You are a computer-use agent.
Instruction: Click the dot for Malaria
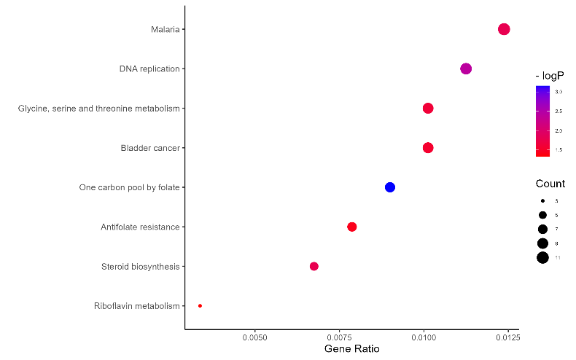(x=503, y=29)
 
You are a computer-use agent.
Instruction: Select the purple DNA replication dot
(x=466, y=69)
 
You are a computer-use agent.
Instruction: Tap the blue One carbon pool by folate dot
(x=390, y=187)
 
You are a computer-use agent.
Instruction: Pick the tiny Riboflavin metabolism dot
(x=200, y=306)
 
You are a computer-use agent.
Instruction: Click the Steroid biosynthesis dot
(x=314, y=266)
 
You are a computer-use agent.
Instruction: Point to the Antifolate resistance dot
(x=352, y=227)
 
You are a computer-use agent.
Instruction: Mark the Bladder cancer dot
(x=428, y=148)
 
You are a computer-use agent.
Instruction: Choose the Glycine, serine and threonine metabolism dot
(x=428, y=109)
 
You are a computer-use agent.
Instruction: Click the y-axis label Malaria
(x=165, y=29)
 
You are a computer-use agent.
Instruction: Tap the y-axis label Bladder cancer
(x=150, y=148)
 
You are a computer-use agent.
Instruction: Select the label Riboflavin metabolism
(x=136, y=306)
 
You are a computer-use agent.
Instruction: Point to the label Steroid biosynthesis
(x=140, y=267)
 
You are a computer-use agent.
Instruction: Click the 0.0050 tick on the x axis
(x=254, y=337)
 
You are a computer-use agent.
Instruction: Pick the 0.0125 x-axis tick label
(x=507, y=337)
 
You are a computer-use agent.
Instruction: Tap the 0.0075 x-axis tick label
(x=339, y=337)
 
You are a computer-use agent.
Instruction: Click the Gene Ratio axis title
(x=351, y=350)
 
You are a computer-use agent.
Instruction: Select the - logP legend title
(x=550, y=76)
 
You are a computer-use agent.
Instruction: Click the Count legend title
(x=550, y=184)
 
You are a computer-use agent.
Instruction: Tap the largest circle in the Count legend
(x=542, y=257)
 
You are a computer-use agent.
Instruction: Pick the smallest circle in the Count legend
(x=542, y=200)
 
